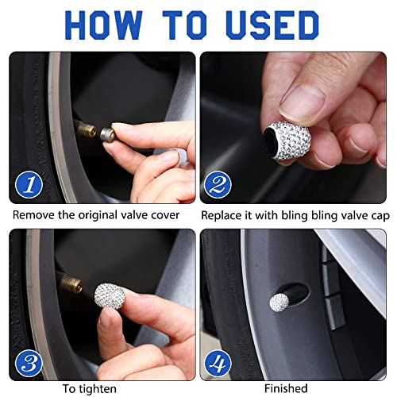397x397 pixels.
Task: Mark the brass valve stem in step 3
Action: (x=73, y=282)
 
